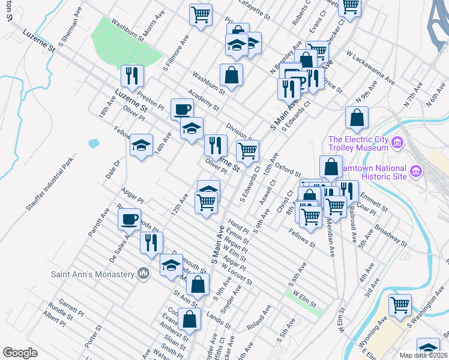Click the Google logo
tap(20, 353)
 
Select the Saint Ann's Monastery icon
tap(143, 274)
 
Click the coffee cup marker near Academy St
tap(182, 110)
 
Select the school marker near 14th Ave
tap(141, 146)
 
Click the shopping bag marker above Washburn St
tap(231, 76)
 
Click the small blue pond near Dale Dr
tap(93, 143)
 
